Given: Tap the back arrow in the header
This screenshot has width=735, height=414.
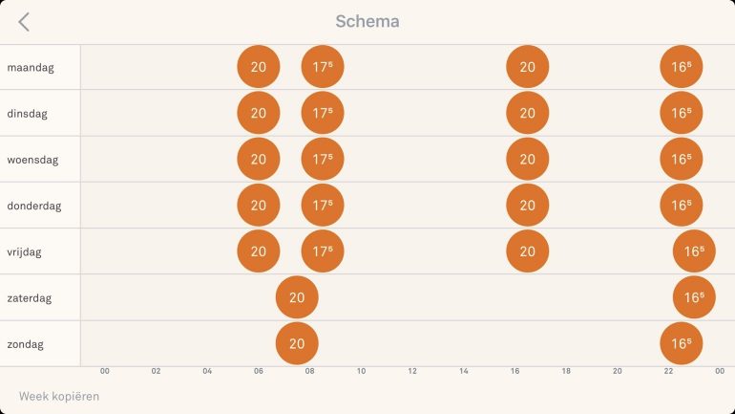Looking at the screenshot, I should click(24, 22).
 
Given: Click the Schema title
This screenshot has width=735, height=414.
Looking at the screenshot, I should click(367, 21).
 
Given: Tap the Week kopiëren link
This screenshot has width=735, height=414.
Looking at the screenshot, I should click(59, 396).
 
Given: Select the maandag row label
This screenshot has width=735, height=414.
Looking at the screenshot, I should click(30, 68).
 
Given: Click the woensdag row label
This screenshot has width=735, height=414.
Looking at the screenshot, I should click(32, 160).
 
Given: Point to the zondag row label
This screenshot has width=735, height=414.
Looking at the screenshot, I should click(26, 344).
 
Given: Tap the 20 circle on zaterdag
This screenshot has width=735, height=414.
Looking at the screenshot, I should click(297, 297).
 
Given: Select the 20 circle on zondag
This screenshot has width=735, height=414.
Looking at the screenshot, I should click(297, 343).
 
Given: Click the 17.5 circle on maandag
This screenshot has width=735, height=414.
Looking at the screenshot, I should click(323, 67).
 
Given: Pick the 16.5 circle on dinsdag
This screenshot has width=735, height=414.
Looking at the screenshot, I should click(681, 113).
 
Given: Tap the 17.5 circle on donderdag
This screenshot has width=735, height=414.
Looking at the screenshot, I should click(323, 205).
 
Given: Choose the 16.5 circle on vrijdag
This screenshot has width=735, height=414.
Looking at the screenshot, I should click(694, 251).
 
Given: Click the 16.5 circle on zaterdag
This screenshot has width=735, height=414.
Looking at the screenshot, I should click(694, 297).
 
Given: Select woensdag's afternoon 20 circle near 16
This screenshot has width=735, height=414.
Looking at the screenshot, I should click(528, 159).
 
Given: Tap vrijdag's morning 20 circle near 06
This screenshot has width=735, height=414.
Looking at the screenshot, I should click(259, 251).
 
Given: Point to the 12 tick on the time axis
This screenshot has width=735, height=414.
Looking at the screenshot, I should click(412, 371).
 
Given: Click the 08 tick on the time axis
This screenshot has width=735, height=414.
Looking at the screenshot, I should click(310, 371).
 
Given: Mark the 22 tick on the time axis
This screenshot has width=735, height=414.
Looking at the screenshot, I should click(668, 371).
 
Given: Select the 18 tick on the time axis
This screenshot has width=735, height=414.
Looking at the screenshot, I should click(566, 371).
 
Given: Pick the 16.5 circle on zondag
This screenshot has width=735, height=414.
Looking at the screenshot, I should click(681, 343).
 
